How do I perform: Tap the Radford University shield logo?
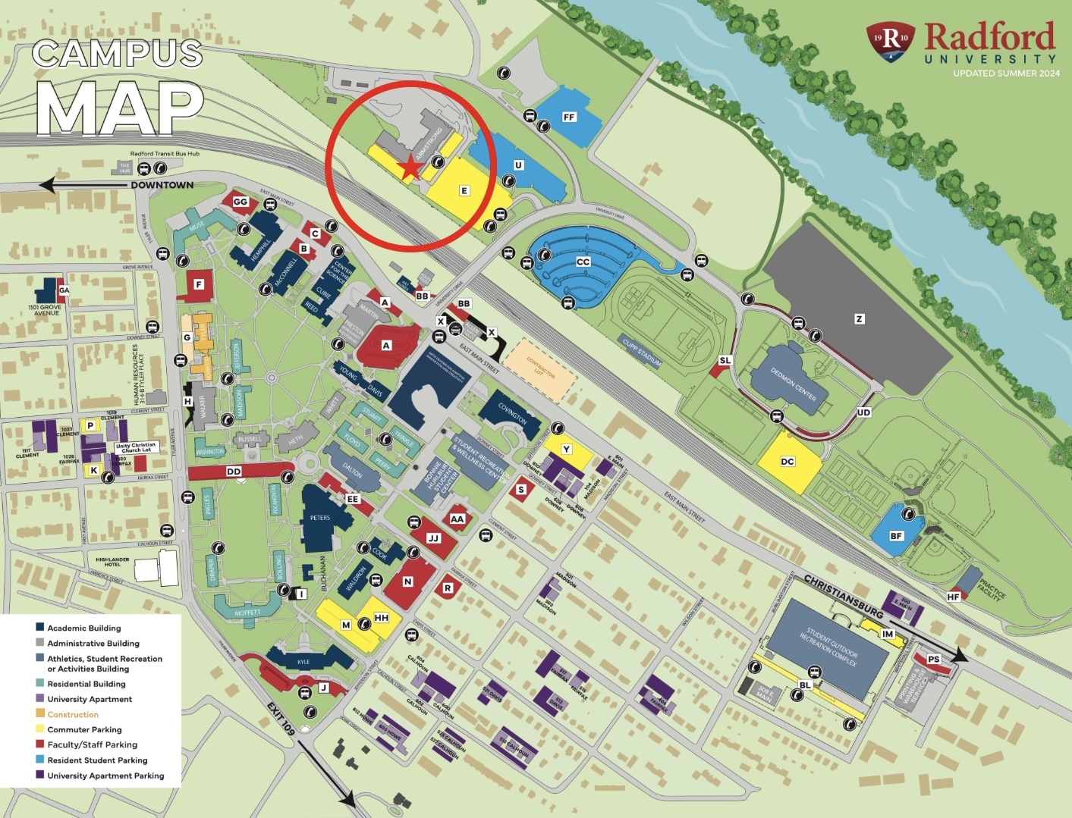click(891, 40)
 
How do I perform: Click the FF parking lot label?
click(569, 117)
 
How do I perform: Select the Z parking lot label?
click(859, 319)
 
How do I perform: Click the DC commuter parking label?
click(787, 461)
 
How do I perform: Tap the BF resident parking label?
click(896, 536)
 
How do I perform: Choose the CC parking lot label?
click(583, 262)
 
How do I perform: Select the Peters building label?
click(320, 518)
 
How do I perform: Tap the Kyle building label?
click(303, 662)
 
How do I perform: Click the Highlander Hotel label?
click(112, 562)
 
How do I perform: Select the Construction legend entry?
click(73, 714)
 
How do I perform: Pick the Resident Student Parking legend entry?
click(97, 760)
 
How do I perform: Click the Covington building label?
click(512, 413)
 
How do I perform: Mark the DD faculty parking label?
click(234, 472)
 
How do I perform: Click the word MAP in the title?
click(120, 108)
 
